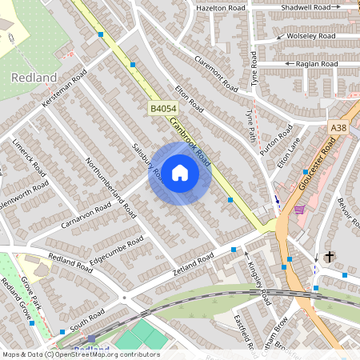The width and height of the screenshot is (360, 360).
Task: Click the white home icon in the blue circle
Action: [x=180, y=173]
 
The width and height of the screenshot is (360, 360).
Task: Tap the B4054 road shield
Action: [x=162, y=106]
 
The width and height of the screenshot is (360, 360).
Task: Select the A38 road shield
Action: [x=339, y=126]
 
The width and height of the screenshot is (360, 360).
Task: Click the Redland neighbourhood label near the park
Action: [x=34, y=78]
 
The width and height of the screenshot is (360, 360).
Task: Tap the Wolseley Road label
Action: [x=312, y=36]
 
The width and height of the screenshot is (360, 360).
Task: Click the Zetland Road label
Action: [x=193, y=262]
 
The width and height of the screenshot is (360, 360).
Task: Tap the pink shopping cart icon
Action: [x=298, y=210]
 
